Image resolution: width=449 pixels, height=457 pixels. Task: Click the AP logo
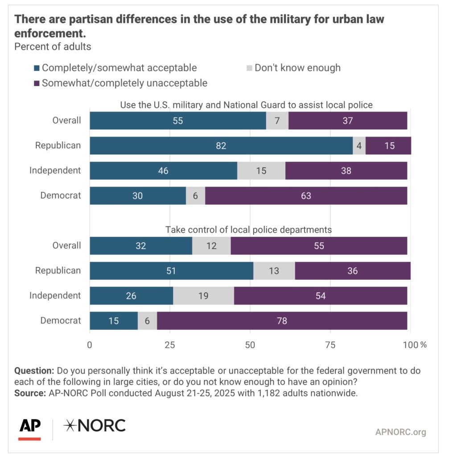[x=30, y=428]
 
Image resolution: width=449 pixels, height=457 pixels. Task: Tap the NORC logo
[x=95, y=426]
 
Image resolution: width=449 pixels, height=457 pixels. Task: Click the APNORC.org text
[x=400, y=432]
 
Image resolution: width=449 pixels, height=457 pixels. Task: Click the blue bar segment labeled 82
[x=221, y=145]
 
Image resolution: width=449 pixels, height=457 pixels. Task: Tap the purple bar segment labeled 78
[x=282, y=320]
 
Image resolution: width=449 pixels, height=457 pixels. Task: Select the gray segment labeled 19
[x=203, y=295]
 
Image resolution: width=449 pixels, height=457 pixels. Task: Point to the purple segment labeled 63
[x=306, y=195]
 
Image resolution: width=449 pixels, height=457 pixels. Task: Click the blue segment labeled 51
[x=172, y=270]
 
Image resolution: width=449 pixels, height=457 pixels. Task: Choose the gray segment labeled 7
[x=277, y=120]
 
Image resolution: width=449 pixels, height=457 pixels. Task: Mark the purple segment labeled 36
[x=352, y=270]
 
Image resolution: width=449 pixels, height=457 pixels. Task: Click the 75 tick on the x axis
[x=330, y=345]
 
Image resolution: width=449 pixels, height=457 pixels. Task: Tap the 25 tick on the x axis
[x=170, y=345]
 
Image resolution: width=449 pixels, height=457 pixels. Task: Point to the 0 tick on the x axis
[x=90, y=345]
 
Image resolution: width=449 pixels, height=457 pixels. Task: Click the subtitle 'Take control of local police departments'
[x=248, y=230]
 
